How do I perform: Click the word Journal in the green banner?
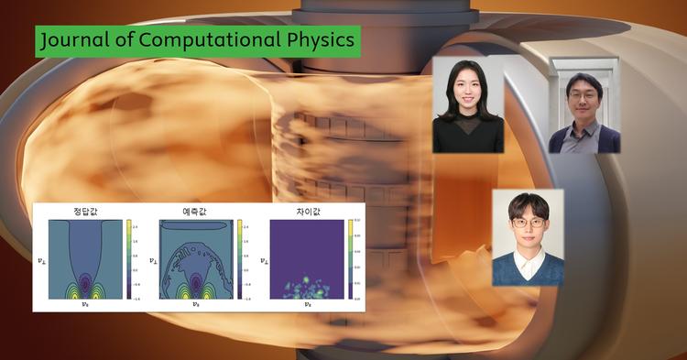click(x=72, y=40)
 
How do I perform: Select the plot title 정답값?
click(x=86, y=212)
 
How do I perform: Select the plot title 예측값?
click(x=196, y=212)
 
